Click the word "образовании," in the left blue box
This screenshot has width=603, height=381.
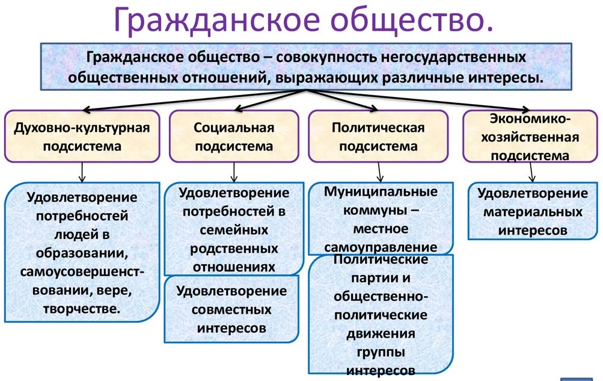(x=82, y=251)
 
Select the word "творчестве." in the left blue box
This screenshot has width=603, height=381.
(x=82, y=309)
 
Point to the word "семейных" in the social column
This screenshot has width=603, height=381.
(x=234, y=231)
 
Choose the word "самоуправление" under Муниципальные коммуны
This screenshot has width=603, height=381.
(x=380, y=247)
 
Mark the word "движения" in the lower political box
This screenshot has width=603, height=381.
(x=380, y=333)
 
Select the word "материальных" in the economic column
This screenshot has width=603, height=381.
(x=533, y=212)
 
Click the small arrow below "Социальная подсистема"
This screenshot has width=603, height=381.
(x=233, y=175)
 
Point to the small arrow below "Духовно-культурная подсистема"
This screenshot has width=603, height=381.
(x=81, y=175)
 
